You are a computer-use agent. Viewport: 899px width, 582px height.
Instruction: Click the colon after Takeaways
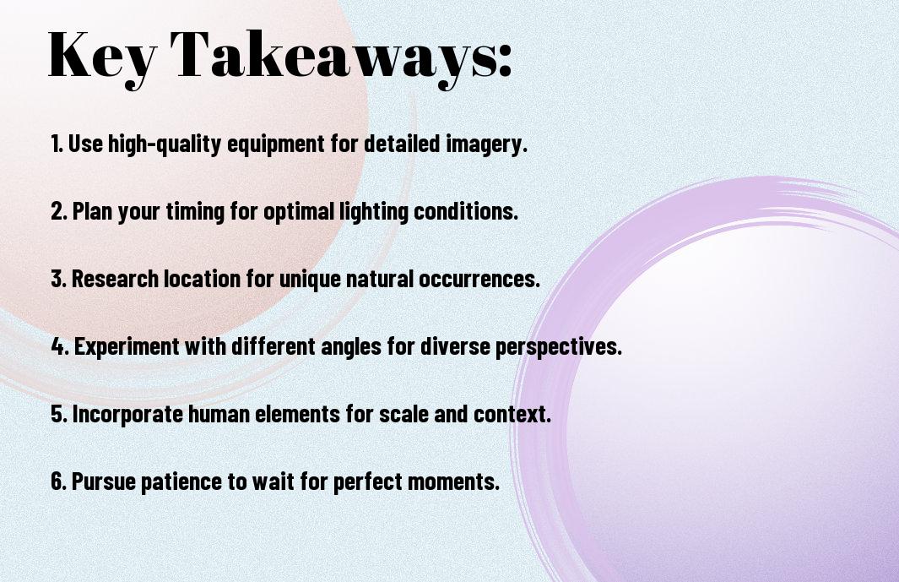(x=505, y=60)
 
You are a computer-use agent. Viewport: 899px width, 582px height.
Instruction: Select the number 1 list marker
(x=57, y=144)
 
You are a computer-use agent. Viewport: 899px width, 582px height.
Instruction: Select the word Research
(x=116, y=279)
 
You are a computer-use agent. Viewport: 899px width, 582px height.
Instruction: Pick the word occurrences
(x=479, y=279)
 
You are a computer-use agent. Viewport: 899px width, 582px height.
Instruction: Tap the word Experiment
(x=127, y=347)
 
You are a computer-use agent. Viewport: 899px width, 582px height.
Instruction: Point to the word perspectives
(x=559, y=347)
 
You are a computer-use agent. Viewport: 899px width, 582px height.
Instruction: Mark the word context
(x=512, y=415)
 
